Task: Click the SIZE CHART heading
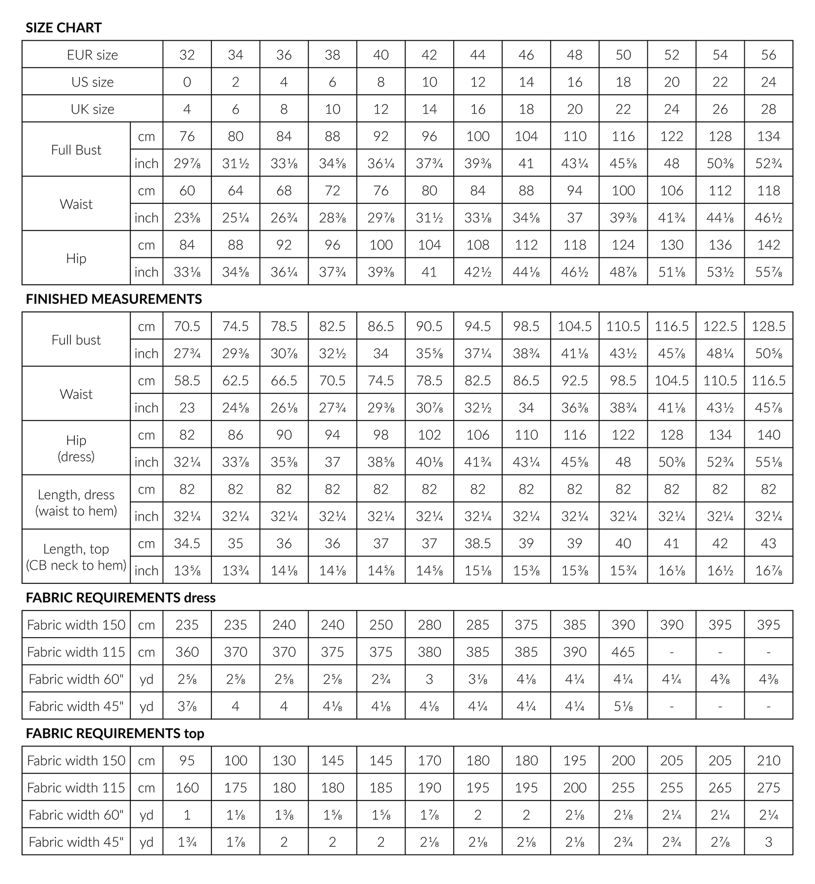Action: [x=63, y=28]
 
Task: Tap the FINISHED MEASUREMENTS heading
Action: [x=114, y=299]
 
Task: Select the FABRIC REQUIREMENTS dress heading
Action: [x=120, y=598]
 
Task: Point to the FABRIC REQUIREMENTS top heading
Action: [x=115, y=733]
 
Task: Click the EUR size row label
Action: [x=92, y=55]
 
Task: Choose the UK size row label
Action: [x=92, y=109]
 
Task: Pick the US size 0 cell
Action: [x=187, y=82]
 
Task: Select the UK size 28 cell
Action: [x=768, y=109]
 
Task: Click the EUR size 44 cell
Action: [x=477, y=55]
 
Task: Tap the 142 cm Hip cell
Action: [x=768, y=245]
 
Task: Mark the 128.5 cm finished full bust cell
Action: [x=768, y=326]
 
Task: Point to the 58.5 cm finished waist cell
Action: [x=187, y=381]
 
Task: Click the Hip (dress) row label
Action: [x=76, y=448]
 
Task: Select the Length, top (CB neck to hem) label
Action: [x=76, y=556]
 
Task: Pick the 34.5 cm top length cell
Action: [x=187, y=543]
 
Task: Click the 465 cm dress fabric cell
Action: [x=623, y=652]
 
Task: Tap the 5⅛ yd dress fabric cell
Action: [x=623, y=706]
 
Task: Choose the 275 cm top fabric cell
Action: [x=768, y=788]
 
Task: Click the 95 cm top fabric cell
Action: [x=187, y=760]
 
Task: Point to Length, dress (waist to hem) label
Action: [x=76, y=502]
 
